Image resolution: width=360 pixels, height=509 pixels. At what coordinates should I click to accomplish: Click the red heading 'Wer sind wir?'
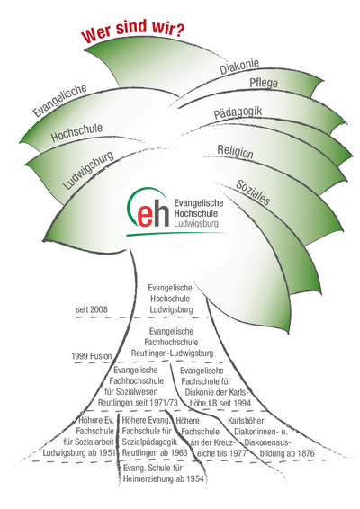pyautogui.click(x=133, y=31)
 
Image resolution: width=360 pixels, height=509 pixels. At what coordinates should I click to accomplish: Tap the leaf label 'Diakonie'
pyautogui.click(x=239, y=67)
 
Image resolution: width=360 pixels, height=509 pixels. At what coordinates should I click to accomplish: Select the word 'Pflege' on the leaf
pyautogui.click(x=264, y=83)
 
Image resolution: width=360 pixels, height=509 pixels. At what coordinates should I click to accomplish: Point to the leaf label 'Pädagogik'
pyautogui.click(x=238, y=112)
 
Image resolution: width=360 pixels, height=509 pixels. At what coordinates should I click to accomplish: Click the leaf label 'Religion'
pyautogui.click(x=235, y=152)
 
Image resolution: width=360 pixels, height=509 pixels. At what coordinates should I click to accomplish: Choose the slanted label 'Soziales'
pyautogui.click(x=253, y=192)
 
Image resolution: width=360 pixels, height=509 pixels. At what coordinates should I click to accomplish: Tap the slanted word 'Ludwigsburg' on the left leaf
pyautogui.click(x=88, y=170)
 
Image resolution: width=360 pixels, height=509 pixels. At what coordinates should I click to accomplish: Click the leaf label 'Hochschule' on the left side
pyautogui.click(x=76, y=132)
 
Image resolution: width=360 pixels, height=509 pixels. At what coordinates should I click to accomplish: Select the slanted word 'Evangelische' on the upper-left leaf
pyautogui.click(x=59, y=101)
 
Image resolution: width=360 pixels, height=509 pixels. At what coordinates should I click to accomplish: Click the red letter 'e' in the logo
pyautogui.click(x=145, y=215)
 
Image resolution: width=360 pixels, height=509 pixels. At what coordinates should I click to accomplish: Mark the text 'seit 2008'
pyautogui.click(x=92, y=309)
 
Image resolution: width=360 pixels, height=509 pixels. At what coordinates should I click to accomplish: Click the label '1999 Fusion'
pyautogui.click(x=91, y=356)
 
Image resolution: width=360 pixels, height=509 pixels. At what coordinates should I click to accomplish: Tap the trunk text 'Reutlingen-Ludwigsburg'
pyautogui.click(x=172, y=353)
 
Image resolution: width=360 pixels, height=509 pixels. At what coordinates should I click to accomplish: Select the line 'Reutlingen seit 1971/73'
pyautogui.click(x=138, y=403)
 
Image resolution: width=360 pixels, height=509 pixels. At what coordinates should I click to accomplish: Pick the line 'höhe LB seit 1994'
pyautogui.click(x=220, y=403)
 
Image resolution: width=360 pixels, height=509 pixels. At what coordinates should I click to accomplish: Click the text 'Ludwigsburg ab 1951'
pyautogui.click(x=79, y=452)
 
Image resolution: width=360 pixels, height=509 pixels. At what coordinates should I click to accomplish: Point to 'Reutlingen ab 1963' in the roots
pyautogui.click(x=155, y=452)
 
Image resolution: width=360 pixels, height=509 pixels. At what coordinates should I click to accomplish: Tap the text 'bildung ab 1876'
pyautogui.click(x=287, y=453)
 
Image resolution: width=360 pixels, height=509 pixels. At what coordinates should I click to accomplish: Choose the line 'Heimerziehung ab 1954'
pyautogui.click(x=164, y=478)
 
